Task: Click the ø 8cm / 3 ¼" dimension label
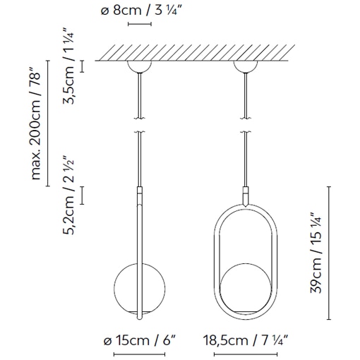click(x=139, y=11)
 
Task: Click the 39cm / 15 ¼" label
click(x=315, y=252)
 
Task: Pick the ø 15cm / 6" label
click(x=139, y=341)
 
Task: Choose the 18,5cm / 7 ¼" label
click(x=246, y=341)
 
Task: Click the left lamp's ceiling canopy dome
click(x=138, y=66)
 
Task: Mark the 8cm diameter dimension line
click(x=139, y=25)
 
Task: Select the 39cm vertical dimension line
click(x=331, y=252)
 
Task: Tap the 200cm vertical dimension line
click(x=48, y=124)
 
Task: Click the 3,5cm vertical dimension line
click(x=83, y=67)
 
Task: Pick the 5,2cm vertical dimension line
click(x=83, y=195)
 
